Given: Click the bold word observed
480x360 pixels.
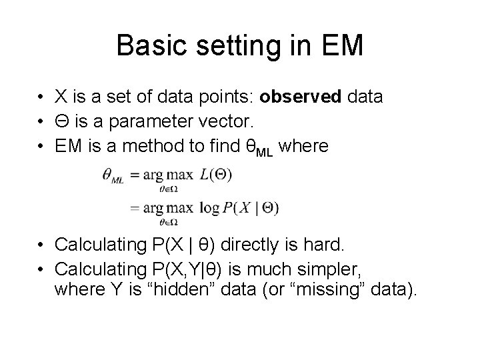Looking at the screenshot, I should [300, 97].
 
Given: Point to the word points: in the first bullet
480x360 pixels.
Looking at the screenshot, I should [226, 97].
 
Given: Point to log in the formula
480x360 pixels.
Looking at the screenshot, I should [209, 207].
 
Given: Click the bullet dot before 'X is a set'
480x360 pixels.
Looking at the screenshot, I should [41, 98].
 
